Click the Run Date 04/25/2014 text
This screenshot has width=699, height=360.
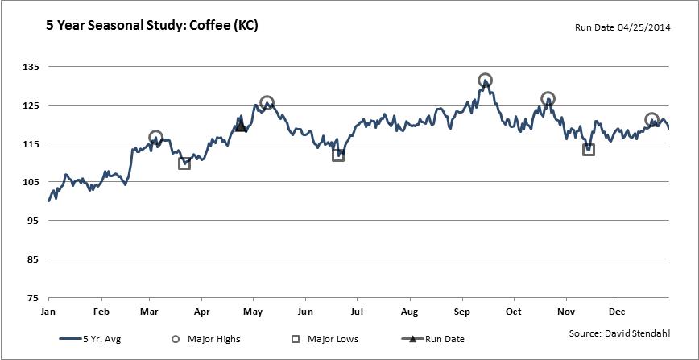click(x=621, y=27)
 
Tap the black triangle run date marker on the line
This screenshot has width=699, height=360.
click(x=241, y=125)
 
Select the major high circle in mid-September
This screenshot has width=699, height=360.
click(x=485, y=81)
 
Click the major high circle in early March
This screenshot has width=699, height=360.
click(x=156, y=138)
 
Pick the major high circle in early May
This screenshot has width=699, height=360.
click(x=267, y=103)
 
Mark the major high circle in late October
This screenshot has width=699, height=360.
click(x=548, y=99)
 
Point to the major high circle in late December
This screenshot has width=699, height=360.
click(x=652, y=120)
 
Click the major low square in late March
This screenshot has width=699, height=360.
click(x=184, y=163)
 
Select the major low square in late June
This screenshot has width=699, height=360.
click(x=338, y=155)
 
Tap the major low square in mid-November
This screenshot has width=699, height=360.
click(x=589, y=149)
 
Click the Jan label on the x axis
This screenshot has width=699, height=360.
click(x=48, y=312)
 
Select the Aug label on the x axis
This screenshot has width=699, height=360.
click(x=409, y=312)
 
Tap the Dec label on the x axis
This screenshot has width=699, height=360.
click(x=618, y=312)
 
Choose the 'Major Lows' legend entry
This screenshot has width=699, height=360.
click(x=324, y=339)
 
